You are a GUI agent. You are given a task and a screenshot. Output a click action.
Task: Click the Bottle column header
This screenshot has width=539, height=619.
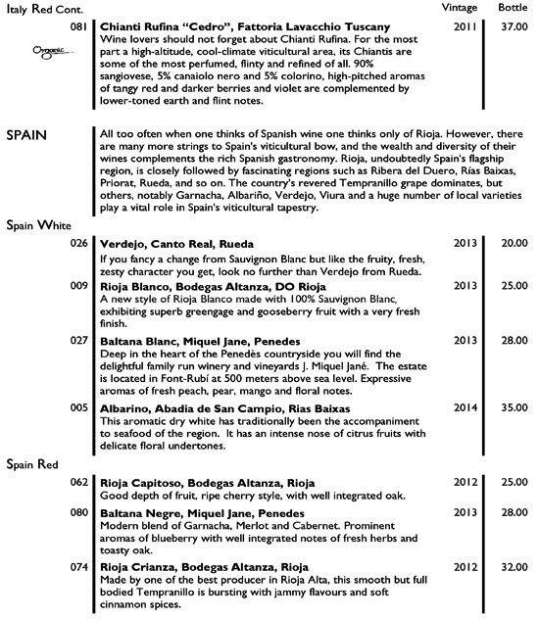[x=512, y=6]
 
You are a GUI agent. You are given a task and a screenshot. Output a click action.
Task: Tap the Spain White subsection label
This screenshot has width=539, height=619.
[x=38, y=223]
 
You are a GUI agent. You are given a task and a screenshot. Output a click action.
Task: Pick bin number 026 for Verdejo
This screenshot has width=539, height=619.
[x=80, y=242]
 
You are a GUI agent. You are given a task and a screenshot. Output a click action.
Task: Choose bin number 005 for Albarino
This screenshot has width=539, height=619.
[x=80, y=405]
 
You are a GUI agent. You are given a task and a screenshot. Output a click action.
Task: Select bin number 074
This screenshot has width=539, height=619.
[x=80, y=566]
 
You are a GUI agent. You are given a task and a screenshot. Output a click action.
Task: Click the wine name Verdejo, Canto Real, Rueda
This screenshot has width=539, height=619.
[x=176, y=242]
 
